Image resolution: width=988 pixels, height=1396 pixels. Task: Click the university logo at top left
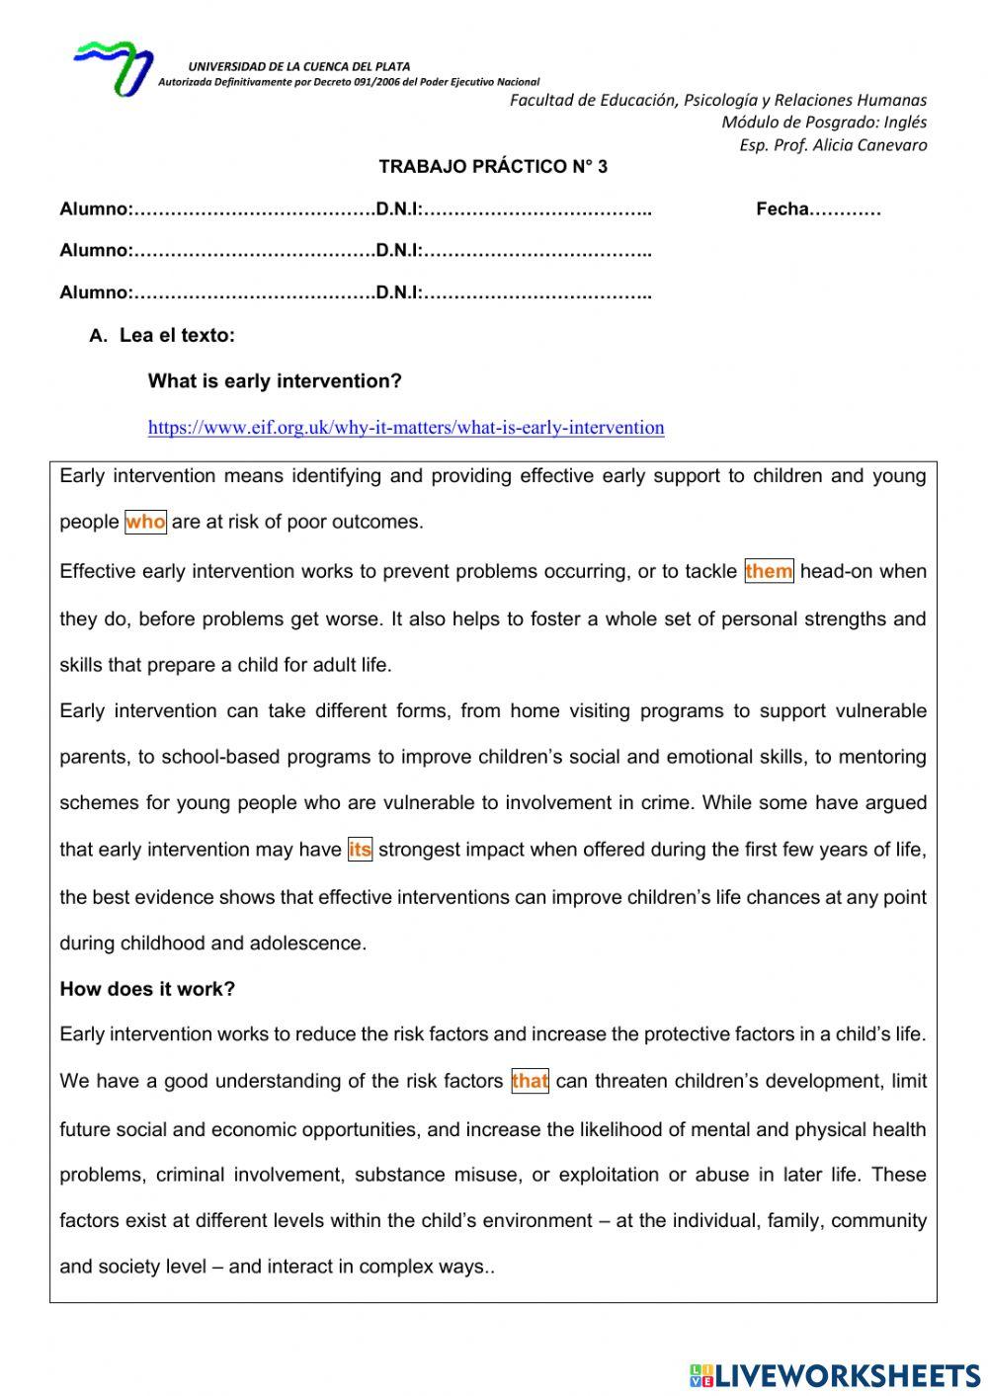pos(112,66)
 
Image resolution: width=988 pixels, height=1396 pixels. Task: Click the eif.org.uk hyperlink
pos(406,428)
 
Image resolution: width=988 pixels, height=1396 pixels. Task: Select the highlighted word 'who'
pos(146,522)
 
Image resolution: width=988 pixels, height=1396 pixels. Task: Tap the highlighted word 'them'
pos(769,571)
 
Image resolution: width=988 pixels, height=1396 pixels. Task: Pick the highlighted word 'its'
pos(361,850)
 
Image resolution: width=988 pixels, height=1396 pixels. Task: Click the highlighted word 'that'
pos(530,1081)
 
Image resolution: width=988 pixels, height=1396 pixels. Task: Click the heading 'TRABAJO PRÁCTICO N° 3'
pos(493,166)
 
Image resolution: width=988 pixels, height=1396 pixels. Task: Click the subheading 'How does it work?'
pos(147,989)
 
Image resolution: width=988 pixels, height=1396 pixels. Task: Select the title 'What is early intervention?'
pos(275,381)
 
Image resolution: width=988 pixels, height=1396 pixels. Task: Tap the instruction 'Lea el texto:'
pos(177,335)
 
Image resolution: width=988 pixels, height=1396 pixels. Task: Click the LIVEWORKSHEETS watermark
pos(835,1374)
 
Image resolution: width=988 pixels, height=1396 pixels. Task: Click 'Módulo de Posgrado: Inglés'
pos(824,123)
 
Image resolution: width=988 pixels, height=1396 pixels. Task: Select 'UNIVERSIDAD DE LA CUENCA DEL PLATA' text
pos(299,66)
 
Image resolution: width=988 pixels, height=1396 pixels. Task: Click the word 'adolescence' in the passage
pos(314,944)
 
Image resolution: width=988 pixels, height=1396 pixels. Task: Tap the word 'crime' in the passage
pos(666,802)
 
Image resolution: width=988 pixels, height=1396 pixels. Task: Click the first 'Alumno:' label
pos(96,208)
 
